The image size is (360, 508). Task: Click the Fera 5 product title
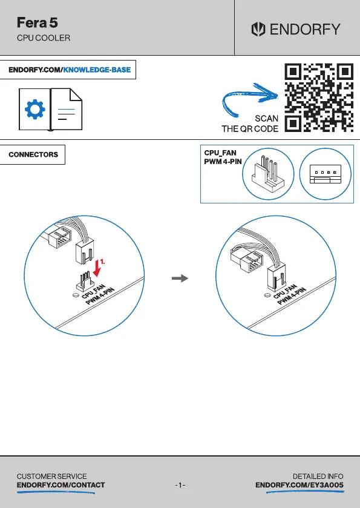pos(38,22)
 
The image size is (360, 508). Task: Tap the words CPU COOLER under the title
pos(44,38)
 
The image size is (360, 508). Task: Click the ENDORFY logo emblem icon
pos(258,29)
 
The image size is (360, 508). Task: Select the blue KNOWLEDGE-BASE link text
pos(97,70)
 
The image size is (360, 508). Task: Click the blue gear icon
pos(35,110)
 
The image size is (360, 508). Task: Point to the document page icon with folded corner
pos(67,109)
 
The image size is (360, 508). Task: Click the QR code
pos(319,97)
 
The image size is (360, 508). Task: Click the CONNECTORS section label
pos(33,154)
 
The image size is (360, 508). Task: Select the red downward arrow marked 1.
pos(97,268)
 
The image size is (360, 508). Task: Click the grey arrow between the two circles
pos(180,278)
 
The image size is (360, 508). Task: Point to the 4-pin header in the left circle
pos(83,281)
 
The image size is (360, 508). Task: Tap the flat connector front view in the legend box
pos(325,174)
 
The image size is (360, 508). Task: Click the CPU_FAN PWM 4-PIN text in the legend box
pos(223,157)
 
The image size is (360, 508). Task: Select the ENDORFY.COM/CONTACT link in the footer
pos(61,485)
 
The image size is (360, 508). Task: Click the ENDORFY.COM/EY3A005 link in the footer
pos(299,485)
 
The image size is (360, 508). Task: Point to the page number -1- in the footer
pos(180,485)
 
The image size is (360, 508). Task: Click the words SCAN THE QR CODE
pos(250,124)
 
